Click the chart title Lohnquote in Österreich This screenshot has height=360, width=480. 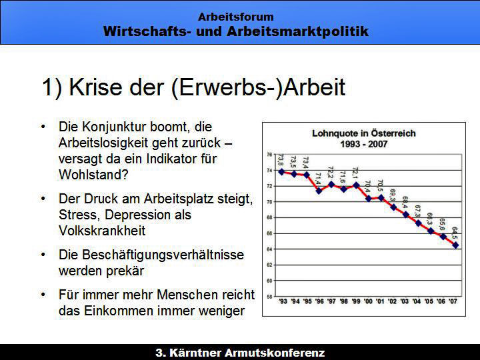pos(364,133)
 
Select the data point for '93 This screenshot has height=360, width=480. pos(281,172)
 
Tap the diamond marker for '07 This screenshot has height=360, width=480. pos(455,245)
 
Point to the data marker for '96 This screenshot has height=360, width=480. pos(319,191)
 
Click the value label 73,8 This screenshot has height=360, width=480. pos(281,160)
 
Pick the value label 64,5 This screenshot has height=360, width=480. pos(455,233)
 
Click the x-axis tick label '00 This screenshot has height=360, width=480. pos(368,301)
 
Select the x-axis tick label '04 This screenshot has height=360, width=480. pos(417,301)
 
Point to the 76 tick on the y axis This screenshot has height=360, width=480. pos(269,155)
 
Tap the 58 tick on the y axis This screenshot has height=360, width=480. pos(269,296)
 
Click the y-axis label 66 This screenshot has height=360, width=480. pos(269,233)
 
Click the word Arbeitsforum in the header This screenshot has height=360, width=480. pos(236,17)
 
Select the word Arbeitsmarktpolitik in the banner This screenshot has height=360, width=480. pos(297,31)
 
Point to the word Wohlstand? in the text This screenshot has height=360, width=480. pos(93,175)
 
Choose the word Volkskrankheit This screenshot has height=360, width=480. pos(102,231)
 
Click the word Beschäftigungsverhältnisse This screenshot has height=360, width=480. pos(151,255)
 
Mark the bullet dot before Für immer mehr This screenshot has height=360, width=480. pos(43,295)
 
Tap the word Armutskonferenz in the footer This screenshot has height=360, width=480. pos(275,353)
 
